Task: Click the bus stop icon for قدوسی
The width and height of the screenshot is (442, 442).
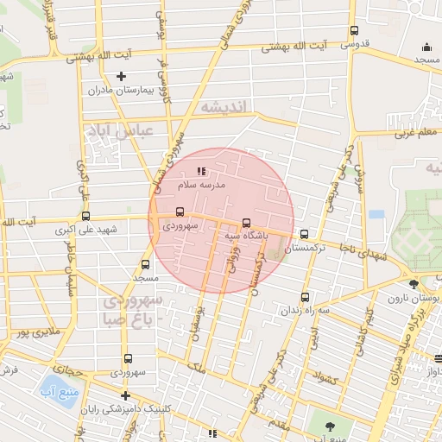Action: (x=354, y=31)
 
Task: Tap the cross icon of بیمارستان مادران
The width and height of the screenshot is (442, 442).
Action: (x=122, y=76)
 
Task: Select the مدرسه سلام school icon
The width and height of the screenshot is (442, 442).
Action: (x=201, y=172)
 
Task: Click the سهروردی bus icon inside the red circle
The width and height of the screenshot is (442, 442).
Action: (x=180, y=212)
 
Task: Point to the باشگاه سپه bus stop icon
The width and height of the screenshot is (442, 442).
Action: (x=247, y=222)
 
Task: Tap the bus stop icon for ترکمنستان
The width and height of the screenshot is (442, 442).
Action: (x=304, y=233)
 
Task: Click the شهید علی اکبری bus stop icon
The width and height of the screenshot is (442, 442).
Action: (x=85, y=217)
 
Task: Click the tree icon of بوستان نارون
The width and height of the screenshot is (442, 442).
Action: (x=414, y=284)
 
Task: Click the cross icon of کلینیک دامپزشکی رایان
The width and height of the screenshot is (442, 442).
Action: (x=125, y=395)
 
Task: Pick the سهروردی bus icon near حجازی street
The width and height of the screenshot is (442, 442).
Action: (x=128, y=358)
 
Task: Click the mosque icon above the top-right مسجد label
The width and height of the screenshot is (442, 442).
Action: (x=426, y=47)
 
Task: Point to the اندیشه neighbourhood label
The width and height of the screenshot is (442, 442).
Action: (x=224, y=106)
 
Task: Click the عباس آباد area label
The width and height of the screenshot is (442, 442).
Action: (x=118, y=132)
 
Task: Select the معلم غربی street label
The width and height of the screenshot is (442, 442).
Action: (x=414, y=133)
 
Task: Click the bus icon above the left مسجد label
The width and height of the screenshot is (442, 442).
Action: (x=145, y=265)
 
